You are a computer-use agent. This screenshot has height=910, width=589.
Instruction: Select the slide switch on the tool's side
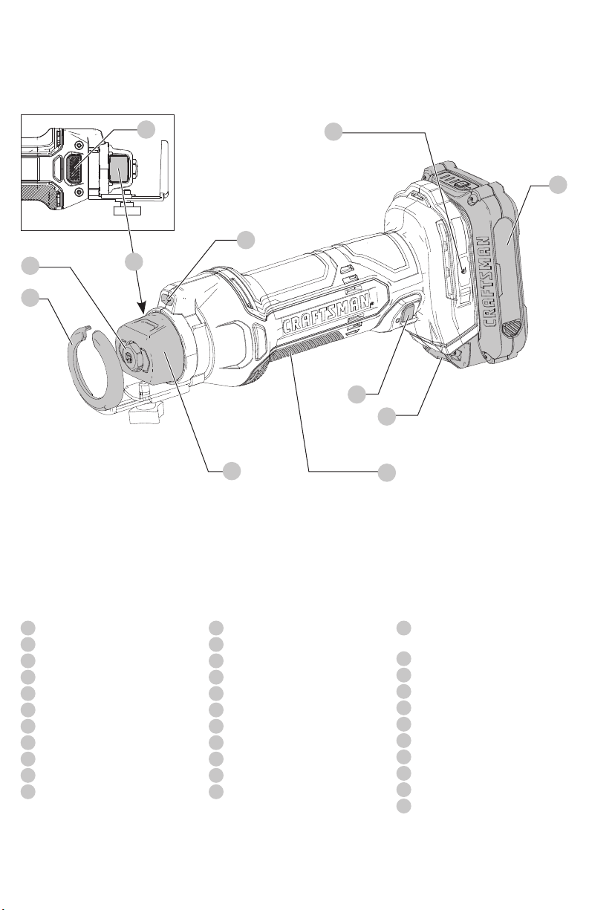(408, 313)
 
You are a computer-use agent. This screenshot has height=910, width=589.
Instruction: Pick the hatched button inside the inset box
(74, 166)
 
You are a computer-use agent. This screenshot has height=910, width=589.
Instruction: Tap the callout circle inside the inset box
(146, 129)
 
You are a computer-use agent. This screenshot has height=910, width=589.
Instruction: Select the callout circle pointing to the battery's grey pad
(558, 185)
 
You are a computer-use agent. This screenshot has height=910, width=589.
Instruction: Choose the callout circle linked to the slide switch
(357, 394)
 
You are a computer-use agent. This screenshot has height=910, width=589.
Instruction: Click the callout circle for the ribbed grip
(387, 472)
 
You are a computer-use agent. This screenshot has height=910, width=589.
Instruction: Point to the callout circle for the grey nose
(232, 471)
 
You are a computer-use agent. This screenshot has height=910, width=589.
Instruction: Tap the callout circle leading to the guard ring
(30, 298)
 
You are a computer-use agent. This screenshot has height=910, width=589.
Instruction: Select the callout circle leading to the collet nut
(30, 266)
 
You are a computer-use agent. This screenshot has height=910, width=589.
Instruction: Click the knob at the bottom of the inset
(126, 210)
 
